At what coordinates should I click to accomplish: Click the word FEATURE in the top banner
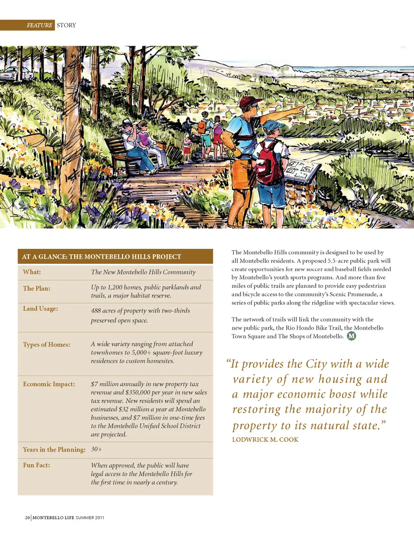(39, 25)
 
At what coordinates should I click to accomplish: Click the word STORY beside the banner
(66, 25)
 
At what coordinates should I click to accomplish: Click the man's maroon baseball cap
(250, 102)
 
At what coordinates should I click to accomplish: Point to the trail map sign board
(303, 170)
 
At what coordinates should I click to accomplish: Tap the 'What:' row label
(32, 272)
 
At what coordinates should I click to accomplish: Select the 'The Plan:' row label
(37, 288)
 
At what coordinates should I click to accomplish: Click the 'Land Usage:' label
(41, 309)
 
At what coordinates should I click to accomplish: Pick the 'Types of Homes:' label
(47, 344)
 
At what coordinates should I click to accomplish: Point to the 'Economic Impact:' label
(49, 384)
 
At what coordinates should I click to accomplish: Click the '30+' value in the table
(97, 449)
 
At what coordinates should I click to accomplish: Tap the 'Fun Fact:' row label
(36, 465)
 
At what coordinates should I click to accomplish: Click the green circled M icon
(351, 336)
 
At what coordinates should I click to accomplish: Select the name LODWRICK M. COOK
(265, 440)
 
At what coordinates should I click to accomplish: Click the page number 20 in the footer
(28, 518)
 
